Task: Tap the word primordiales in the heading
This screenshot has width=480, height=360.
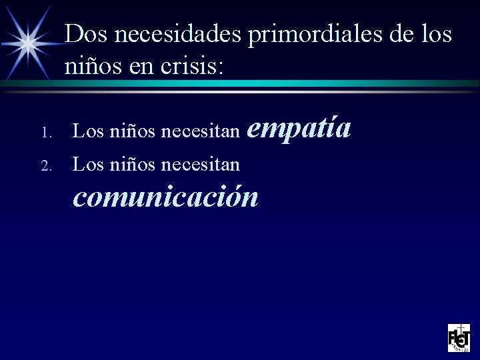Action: [313, 35]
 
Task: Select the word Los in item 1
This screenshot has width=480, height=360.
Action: [87, 133]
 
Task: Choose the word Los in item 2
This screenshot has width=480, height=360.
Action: [87, 162]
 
